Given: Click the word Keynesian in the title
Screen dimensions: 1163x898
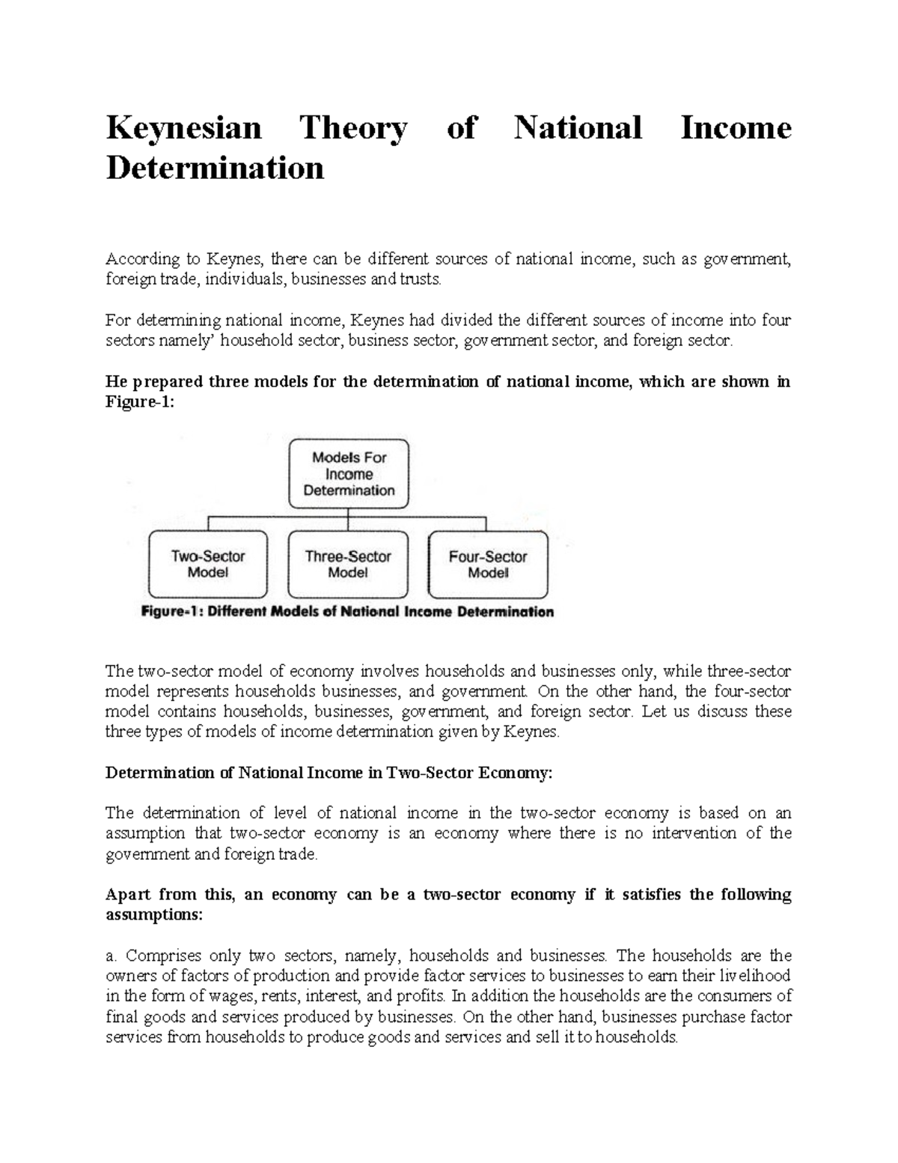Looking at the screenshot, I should point(183,128).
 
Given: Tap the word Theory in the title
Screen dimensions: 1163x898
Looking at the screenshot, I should point(353,128).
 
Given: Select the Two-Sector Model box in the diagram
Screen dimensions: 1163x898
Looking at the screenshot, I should point(208,565).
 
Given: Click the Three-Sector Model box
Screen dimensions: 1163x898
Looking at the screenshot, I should point(348,565).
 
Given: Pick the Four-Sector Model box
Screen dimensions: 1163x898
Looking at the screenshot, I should point(487,565).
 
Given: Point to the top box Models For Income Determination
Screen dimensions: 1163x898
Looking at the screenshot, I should point(349,474).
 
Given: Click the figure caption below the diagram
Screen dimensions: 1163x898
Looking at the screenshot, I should point(348,612).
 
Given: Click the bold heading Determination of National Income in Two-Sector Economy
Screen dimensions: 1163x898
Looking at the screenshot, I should point(329,773).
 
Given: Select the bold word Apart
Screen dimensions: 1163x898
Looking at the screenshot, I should point(128,895).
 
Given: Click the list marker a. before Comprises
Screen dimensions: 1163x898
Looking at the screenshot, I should point(112,956).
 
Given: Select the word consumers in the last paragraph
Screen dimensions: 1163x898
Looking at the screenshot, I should point(733,997).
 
